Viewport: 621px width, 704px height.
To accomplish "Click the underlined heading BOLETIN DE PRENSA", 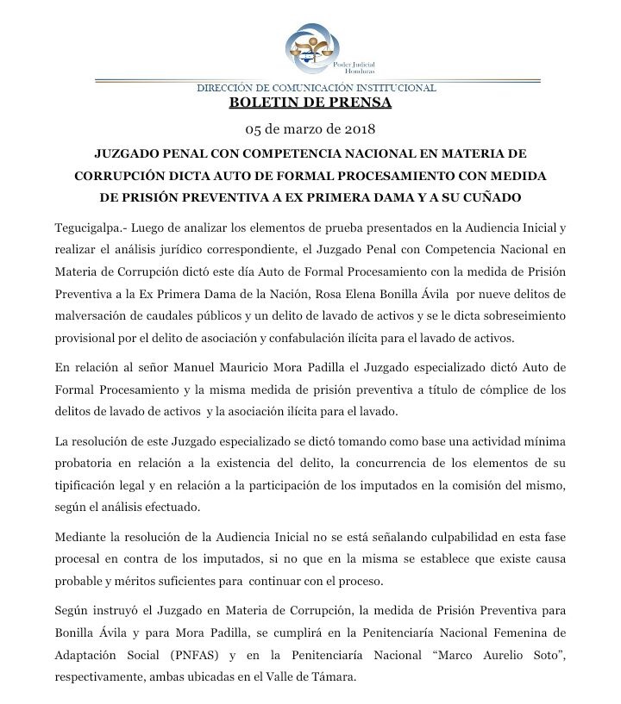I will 310,103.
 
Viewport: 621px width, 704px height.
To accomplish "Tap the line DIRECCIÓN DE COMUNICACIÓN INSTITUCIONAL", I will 317,87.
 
